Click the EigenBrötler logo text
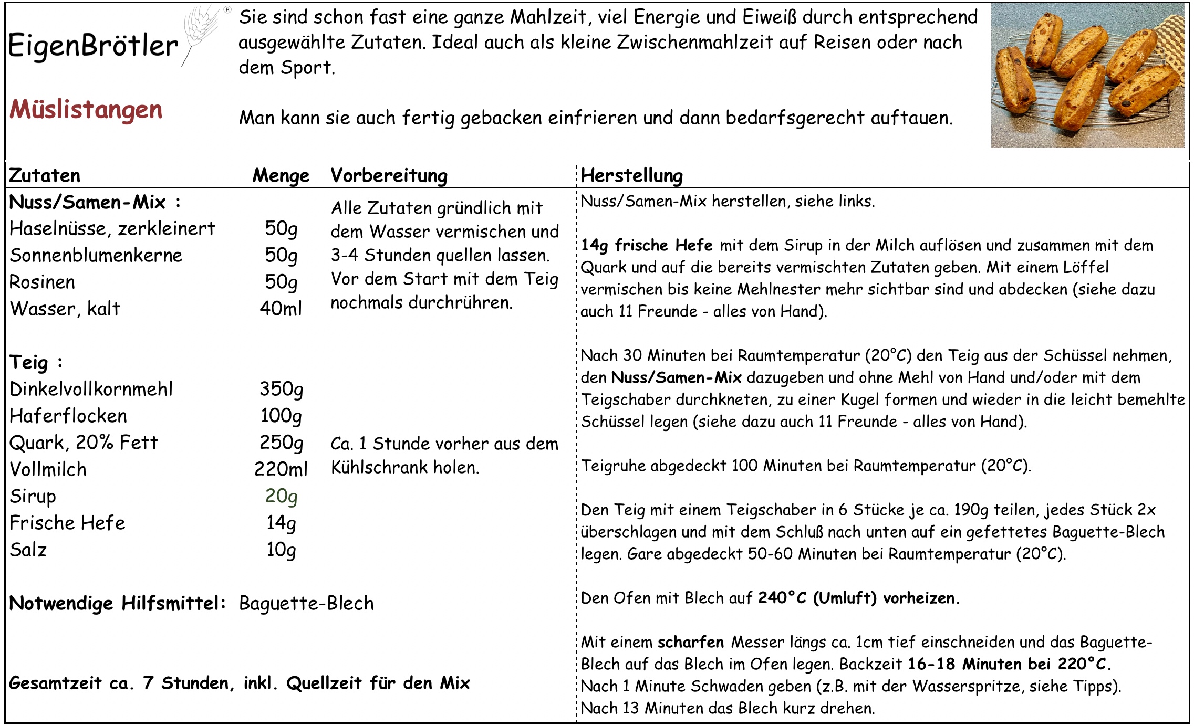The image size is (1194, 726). [x=93, y=46]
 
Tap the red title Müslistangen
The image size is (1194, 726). [x=86, y=110]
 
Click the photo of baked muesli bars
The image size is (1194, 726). [x=1087, y=75]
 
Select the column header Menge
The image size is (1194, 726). [x=281, y=176]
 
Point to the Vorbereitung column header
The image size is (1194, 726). [x=389, y=176]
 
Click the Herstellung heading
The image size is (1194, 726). [x=631, y=176]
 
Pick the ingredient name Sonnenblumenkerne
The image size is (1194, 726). [x=96, y=256]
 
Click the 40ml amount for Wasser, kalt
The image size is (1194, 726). [x=281, y=309]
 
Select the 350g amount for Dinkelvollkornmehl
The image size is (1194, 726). [x=282, y=389]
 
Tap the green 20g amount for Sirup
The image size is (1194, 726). [x=282, y=496]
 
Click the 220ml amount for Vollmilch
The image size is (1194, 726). [x=281, y=469]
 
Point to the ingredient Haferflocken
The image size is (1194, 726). [x=68, y=416]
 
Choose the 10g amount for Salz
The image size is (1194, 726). [x=282, y=550]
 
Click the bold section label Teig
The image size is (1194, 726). [x=29, y=363]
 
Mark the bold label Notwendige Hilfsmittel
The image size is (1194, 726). [x=117, y=604]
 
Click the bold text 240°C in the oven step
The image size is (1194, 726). [x=782, y=598]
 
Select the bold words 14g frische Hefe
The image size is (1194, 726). [x=647, y=245]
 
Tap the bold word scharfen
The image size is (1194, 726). [x=691, y=642]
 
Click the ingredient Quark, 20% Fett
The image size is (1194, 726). [x=84, y=443]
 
